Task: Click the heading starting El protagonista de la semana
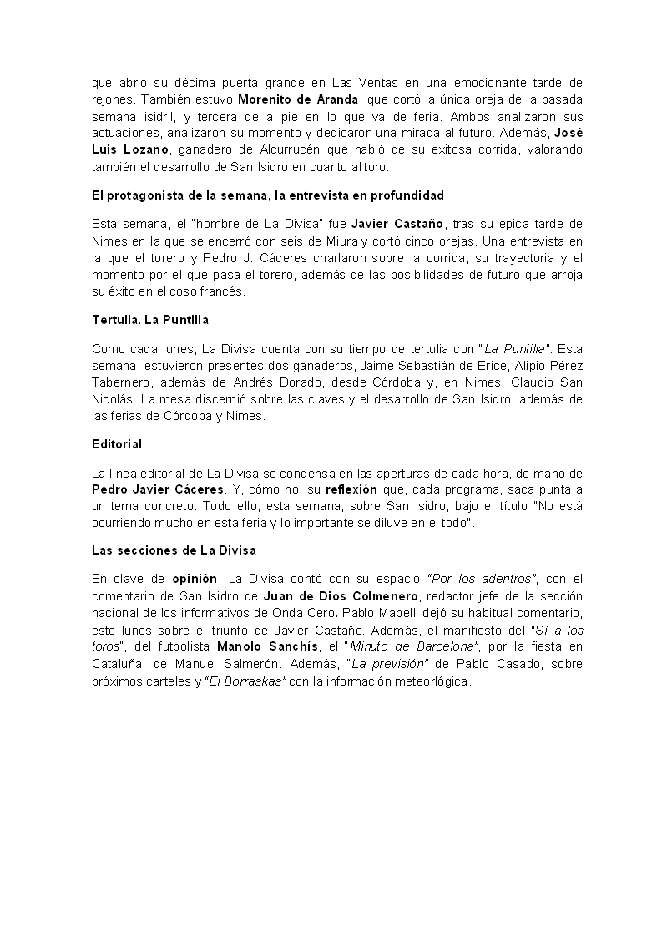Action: pos(267,195)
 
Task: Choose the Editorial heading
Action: pos(117,443)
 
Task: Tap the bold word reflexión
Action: pos(351,489)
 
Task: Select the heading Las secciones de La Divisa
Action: pos(174,550)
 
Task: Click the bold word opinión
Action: pos(195,578)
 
